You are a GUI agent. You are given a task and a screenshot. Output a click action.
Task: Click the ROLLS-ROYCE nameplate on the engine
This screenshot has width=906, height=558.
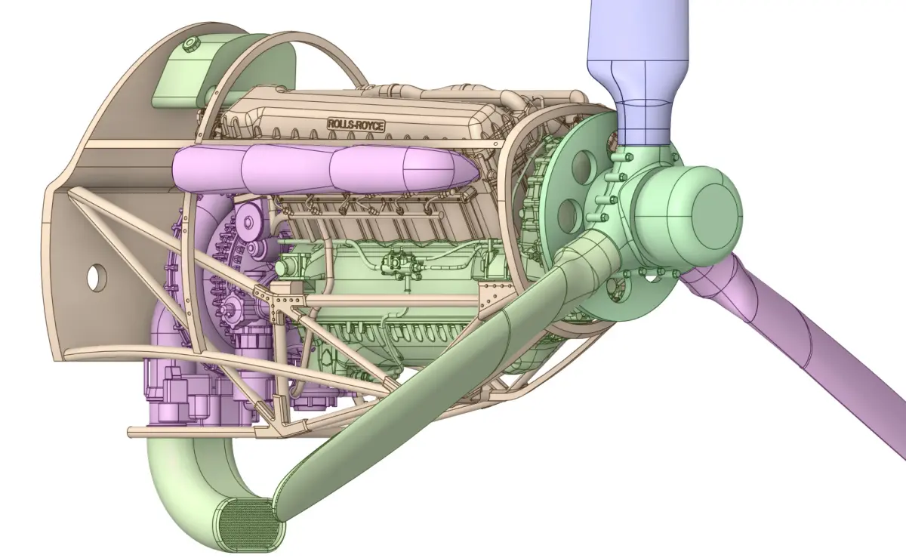[x=356, y=125]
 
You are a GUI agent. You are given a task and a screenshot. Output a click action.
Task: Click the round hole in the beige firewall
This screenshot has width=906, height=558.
[x=97, y=277]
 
